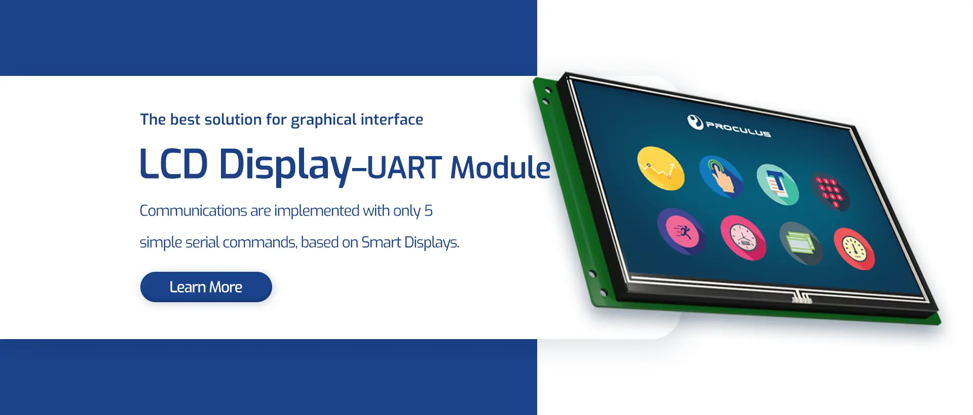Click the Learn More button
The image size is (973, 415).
[x=206, y=287]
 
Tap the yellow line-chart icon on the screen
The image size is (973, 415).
[x=660, y=169]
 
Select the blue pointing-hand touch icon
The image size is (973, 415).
[x=721, y=177]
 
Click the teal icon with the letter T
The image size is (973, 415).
[x=777, y=184]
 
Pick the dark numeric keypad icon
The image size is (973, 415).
[x=830, y=192]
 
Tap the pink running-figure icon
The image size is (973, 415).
[x=681, y=232]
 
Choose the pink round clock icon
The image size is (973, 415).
[x=743, y=238]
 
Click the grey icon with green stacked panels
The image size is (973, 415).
[x=801, y=243]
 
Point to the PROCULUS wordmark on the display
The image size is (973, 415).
[x=738, y=130]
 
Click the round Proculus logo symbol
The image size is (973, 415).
[x=695, y=121]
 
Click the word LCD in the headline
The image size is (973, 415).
[x=173, y=164]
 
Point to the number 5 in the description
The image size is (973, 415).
[x=429, y=211]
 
